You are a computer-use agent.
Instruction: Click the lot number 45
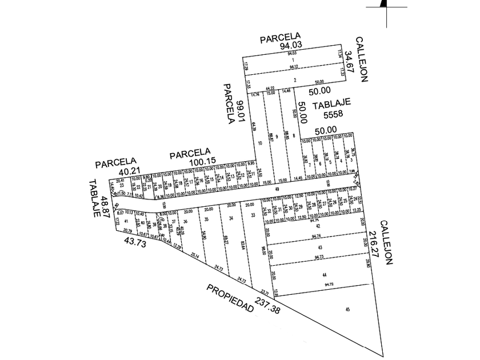348,309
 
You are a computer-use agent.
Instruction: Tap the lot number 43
320,247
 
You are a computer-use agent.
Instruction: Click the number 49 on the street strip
277,189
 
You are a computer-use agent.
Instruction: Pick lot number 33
253,215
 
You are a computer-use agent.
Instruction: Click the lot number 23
122,185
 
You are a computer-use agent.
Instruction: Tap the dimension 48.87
105,205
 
